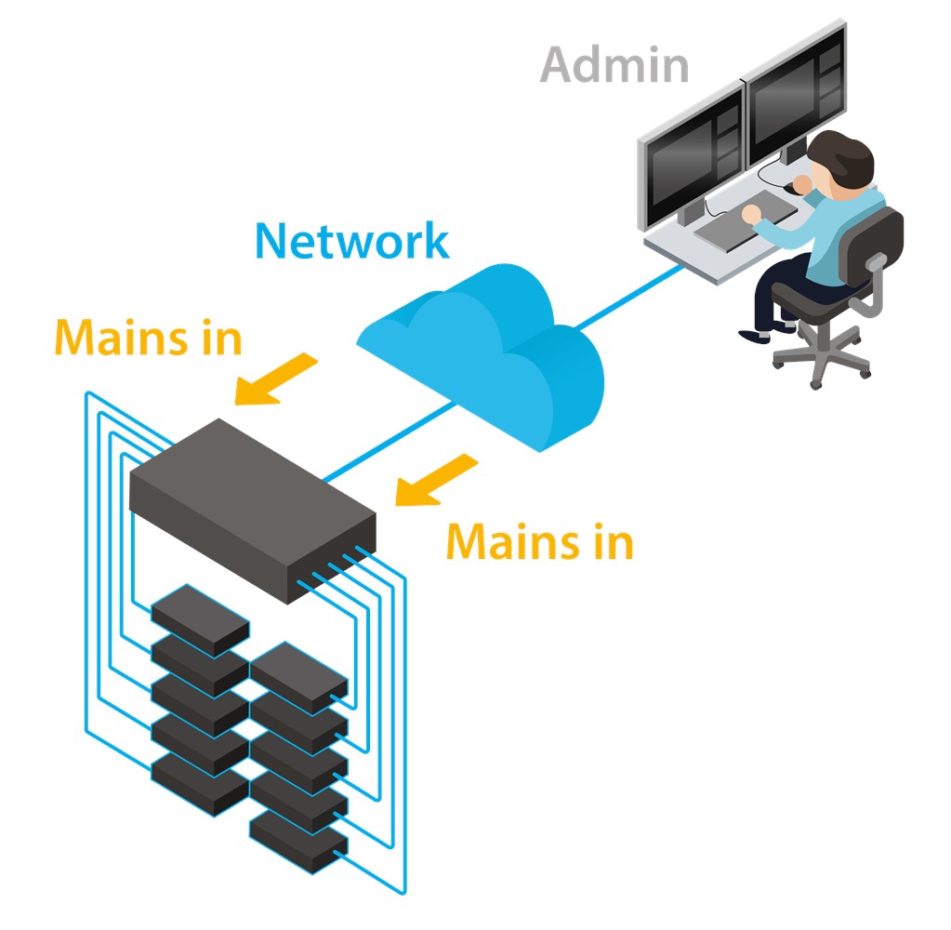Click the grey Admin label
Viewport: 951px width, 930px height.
(x=614, y=64)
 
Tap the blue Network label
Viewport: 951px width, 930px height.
(x=351, y=240)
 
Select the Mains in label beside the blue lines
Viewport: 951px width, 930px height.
(x=149, y=337)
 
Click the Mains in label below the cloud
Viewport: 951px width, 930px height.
(x=540, y=541)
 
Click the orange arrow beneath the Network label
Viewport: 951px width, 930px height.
(x=276, y=379)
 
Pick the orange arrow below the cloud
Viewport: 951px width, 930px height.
(x=436, y=479)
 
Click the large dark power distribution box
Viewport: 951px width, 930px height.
(x=252, y=511)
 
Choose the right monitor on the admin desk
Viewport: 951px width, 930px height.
(x=795, y=94)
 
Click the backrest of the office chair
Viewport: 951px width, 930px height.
(x=872, y=243)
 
